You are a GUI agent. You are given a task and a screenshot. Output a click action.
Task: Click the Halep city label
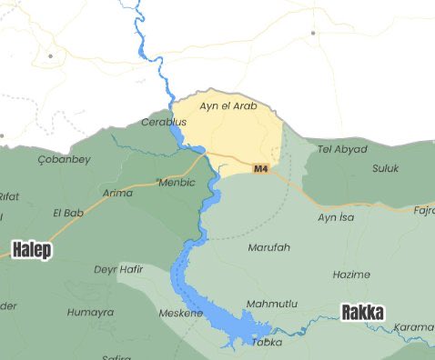point(31,249)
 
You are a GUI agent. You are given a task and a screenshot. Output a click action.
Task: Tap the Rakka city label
point(362,313)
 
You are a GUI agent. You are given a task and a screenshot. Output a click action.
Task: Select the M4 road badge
point(261,169)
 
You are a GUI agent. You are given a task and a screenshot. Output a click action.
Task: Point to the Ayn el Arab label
point(228,106)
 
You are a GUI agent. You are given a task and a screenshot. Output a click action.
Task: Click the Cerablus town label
point(164,123)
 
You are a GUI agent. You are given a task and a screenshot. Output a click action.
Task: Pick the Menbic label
point(177,182)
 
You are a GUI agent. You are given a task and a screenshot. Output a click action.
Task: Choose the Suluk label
point(386,169)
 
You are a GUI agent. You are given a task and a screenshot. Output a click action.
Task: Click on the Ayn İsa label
point(336,217)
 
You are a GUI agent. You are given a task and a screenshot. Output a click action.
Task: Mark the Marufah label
point(268,246)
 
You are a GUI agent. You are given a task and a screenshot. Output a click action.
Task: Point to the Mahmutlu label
point(271,304)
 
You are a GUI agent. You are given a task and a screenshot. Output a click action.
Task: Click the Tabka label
point(268,342)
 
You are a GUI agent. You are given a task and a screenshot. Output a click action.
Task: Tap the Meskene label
point(181,313)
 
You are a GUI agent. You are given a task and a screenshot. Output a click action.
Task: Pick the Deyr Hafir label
point(118,269)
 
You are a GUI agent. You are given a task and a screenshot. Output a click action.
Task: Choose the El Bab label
point(69,213)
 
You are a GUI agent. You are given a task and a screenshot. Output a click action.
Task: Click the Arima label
point(117,193)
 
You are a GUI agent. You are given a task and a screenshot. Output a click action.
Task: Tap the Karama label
point(415,327)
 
